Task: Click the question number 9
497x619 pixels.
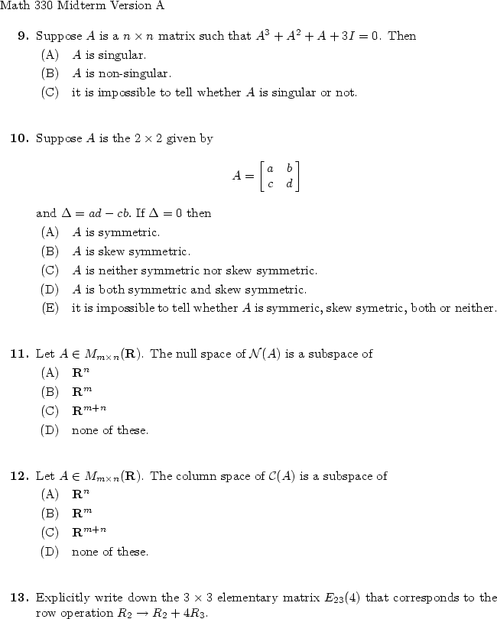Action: pyautogui.click(x=23, y=36)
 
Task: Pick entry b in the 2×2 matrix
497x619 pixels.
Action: pyautogui.click(x=289, y=168)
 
